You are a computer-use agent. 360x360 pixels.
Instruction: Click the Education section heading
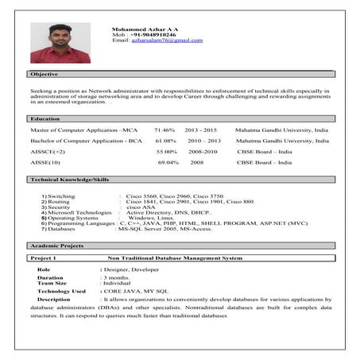coord(45,118)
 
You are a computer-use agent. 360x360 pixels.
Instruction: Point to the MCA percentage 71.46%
coord(165,129)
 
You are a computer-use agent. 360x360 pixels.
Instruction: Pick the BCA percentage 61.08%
coord(165,140)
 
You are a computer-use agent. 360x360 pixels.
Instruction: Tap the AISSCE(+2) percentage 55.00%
coord(167,151)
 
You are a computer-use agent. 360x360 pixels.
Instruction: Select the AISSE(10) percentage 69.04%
coord(168,162)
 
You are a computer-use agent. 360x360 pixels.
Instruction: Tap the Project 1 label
coord(43,259)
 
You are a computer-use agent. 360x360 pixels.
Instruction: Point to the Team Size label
coord(52,282)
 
